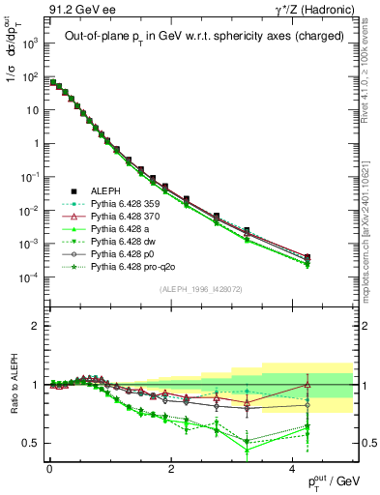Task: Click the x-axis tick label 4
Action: point(294,469)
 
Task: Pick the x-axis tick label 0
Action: point(49,469)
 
